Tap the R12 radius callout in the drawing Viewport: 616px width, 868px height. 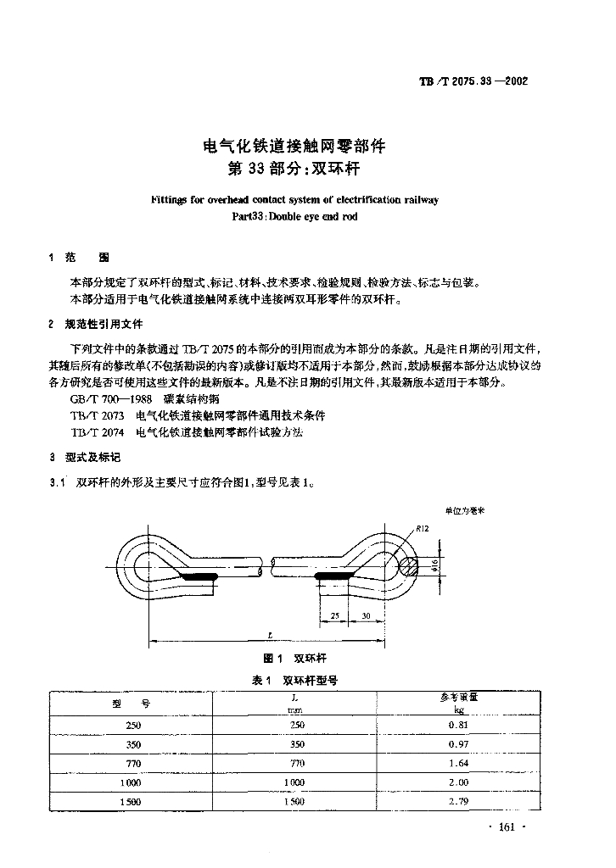pos(422,530)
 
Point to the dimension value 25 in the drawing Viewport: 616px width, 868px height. pos(335,615)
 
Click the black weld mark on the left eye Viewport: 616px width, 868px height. pos(198,577)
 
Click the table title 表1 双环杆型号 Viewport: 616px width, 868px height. pos(296,681)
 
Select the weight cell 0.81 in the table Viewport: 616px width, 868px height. pos(458,726)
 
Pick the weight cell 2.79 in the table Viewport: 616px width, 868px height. pos(458,801)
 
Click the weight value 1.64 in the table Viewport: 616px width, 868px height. pos(458,763)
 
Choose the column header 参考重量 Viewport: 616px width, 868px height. pos(458,698)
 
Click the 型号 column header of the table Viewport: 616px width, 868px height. pos(132,704)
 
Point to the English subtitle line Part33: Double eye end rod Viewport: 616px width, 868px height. pos(294,216)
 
